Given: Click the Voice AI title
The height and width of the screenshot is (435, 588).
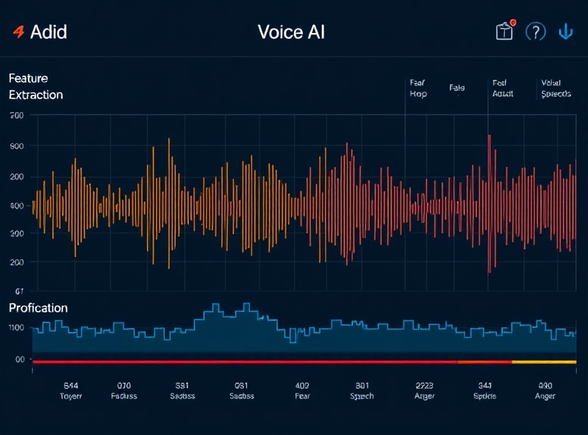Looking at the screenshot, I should (291, 32).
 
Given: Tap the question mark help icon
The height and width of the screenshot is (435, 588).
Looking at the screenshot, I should (536, 32).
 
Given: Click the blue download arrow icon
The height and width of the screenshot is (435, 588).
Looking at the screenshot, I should (566, 32).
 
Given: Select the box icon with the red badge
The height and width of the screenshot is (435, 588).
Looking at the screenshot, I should (504, 32).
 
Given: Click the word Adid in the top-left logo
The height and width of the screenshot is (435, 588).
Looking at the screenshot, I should (49, 32).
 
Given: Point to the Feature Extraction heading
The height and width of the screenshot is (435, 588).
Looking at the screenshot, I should (35, 86).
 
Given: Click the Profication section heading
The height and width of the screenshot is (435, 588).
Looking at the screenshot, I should (38, 308).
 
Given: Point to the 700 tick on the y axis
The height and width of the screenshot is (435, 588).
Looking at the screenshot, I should (17, 116).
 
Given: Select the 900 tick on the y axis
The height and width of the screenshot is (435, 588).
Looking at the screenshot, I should (17, 146).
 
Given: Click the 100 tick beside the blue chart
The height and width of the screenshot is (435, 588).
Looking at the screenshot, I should (17, 328).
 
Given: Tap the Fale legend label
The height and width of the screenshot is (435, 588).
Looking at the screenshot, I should (456, 88).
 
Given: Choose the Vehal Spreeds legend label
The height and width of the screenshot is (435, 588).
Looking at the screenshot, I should (555, 89).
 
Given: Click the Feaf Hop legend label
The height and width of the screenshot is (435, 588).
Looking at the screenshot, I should (418, 89).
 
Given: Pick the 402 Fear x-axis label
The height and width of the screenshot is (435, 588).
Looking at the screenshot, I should (302, 390).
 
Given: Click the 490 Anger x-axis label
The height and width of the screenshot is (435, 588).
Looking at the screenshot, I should (545, 390).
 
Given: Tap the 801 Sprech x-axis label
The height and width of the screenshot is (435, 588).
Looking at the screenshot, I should (362, 390).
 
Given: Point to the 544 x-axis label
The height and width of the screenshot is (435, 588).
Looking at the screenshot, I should (71, 390).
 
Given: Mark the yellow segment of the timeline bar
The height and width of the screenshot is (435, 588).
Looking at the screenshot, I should (544, 362).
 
